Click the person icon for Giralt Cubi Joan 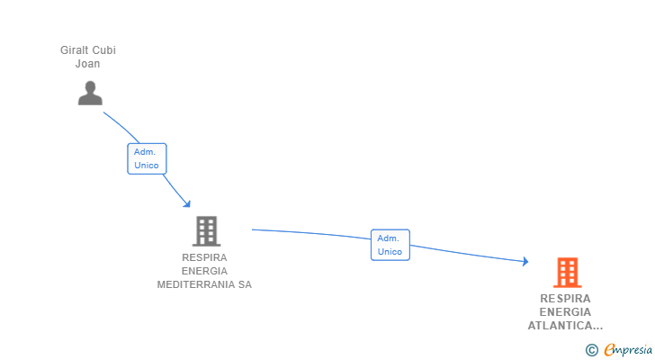(x=90, y=93)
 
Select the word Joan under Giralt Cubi (x=87, y=64)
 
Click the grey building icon (x=206, y=230)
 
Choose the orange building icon (x=567, y=272)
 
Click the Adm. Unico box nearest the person (x=147, y=158)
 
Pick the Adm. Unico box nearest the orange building (x=390, y=245)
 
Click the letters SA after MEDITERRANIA (x=244, y=284)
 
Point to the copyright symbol (x=591, y=350)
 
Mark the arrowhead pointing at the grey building (x=187, y=203)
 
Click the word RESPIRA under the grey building (x=204, y=257)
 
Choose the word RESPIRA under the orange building (x=566, y=299)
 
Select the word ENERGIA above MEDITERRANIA (x=204, y=271)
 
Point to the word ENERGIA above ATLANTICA (x=566, y=312)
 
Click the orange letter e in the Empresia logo (x=609, y=350)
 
